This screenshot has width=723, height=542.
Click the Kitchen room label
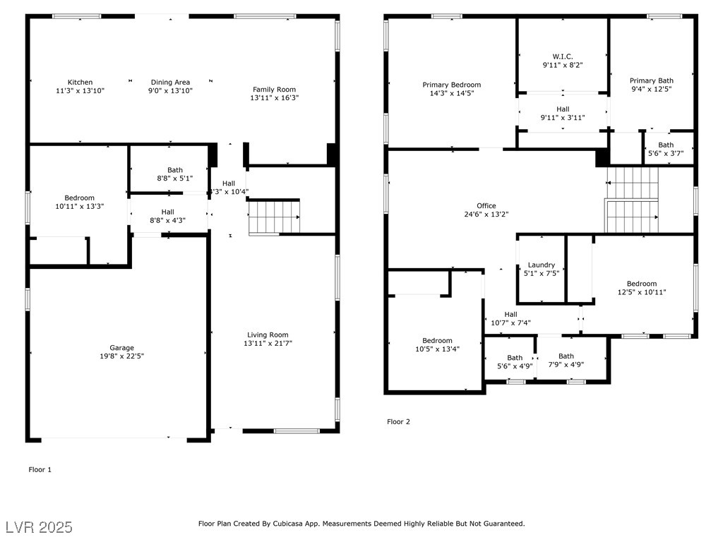coord(80,82)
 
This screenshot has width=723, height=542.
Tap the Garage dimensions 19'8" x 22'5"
coord(121,356)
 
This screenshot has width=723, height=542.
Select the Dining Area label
coord(170,83)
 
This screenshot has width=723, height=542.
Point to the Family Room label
coord(275,90)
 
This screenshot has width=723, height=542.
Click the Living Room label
coord(268,335)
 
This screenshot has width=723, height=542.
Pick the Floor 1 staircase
coord(275,217)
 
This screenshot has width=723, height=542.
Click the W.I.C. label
coord(563,56)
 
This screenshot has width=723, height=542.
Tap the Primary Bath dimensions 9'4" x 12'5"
coord(652,88)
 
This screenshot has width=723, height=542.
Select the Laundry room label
coord(542,265)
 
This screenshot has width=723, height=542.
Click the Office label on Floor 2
coord(486,205)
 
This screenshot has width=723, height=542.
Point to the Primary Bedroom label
coord(452,85)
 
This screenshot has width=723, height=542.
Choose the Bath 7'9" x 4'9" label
coord(566,360)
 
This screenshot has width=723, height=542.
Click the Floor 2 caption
coord(398,422)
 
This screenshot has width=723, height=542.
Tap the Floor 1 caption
coord(40,469)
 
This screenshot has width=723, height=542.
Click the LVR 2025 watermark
coord(40,527)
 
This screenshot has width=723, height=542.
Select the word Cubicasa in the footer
coord(289,524)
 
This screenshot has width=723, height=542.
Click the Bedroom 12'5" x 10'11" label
coord(642,288)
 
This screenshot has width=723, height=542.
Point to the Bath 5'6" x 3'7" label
coord(666,149)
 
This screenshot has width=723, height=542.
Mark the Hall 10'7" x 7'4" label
coord(511,318)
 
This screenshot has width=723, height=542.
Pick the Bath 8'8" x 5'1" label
coord(175,174)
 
